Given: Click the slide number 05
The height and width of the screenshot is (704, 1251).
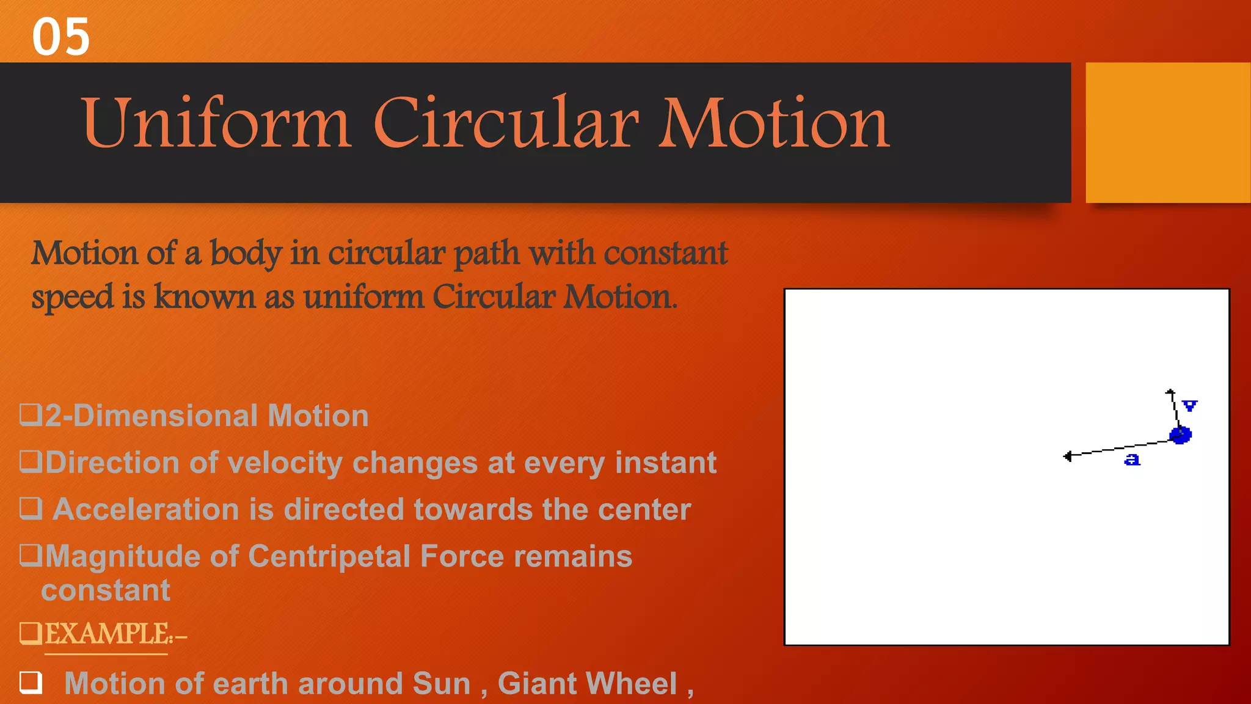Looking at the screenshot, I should [60, 37].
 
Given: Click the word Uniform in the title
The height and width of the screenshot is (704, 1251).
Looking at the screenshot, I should [217, 123].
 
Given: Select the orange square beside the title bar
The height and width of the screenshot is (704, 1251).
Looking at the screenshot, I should [1167, 132].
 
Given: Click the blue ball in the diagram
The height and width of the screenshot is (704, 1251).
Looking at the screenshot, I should [1180, 435].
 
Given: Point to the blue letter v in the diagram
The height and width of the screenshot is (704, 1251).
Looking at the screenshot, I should [1189, 406].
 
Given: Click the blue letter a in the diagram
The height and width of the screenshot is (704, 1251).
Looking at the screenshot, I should [1132, 460].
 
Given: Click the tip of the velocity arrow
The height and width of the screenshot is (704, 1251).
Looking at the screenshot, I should [1170, 392].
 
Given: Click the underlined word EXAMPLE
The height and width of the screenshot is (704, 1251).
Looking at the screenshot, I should [107, 634].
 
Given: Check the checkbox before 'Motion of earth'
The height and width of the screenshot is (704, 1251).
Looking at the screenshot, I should [31, 682].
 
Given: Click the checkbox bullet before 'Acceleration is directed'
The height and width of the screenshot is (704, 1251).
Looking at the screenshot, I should [31, 508].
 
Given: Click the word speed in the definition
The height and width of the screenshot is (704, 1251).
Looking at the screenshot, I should [72, 298].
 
